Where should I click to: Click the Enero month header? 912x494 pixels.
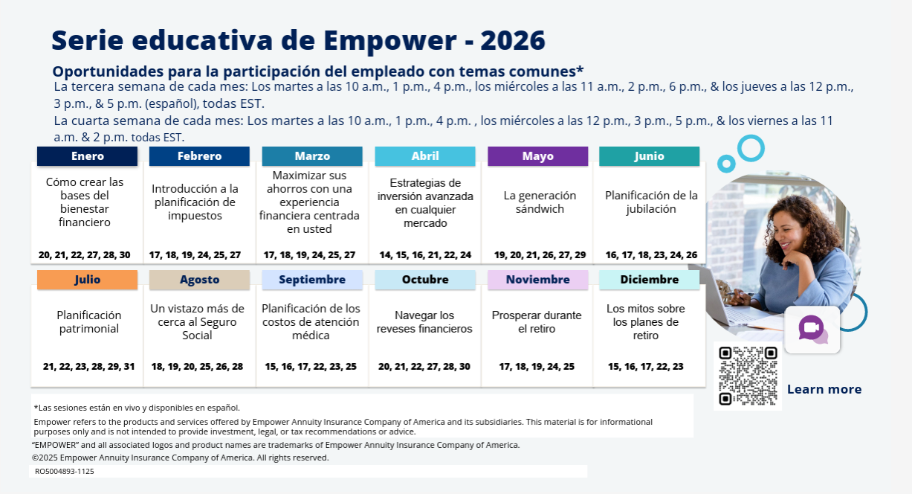(88, 156)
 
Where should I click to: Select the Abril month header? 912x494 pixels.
(425, 156)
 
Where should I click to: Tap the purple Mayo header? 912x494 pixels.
(537, 156)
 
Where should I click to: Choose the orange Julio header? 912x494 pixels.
(88, 280)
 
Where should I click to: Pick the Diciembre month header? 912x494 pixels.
(649, 280)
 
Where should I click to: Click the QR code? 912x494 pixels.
(748, 376)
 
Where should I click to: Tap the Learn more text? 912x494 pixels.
(824, 389)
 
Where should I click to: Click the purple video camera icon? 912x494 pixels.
(811, 328)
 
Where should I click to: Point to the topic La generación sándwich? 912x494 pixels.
(540, 202)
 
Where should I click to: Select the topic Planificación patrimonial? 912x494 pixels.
(89, 322)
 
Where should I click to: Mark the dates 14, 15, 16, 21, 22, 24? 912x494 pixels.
(425, 254)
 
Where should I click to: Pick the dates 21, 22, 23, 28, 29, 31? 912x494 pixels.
(89, 366)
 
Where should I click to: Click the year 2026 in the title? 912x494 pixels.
(513, 40)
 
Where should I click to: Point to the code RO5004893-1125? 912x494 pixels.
(65, 471)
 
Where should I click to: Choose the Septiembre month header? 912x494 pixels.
(312, 280)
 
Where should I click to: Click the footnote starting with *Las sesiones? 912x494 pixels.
(137, 408)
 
